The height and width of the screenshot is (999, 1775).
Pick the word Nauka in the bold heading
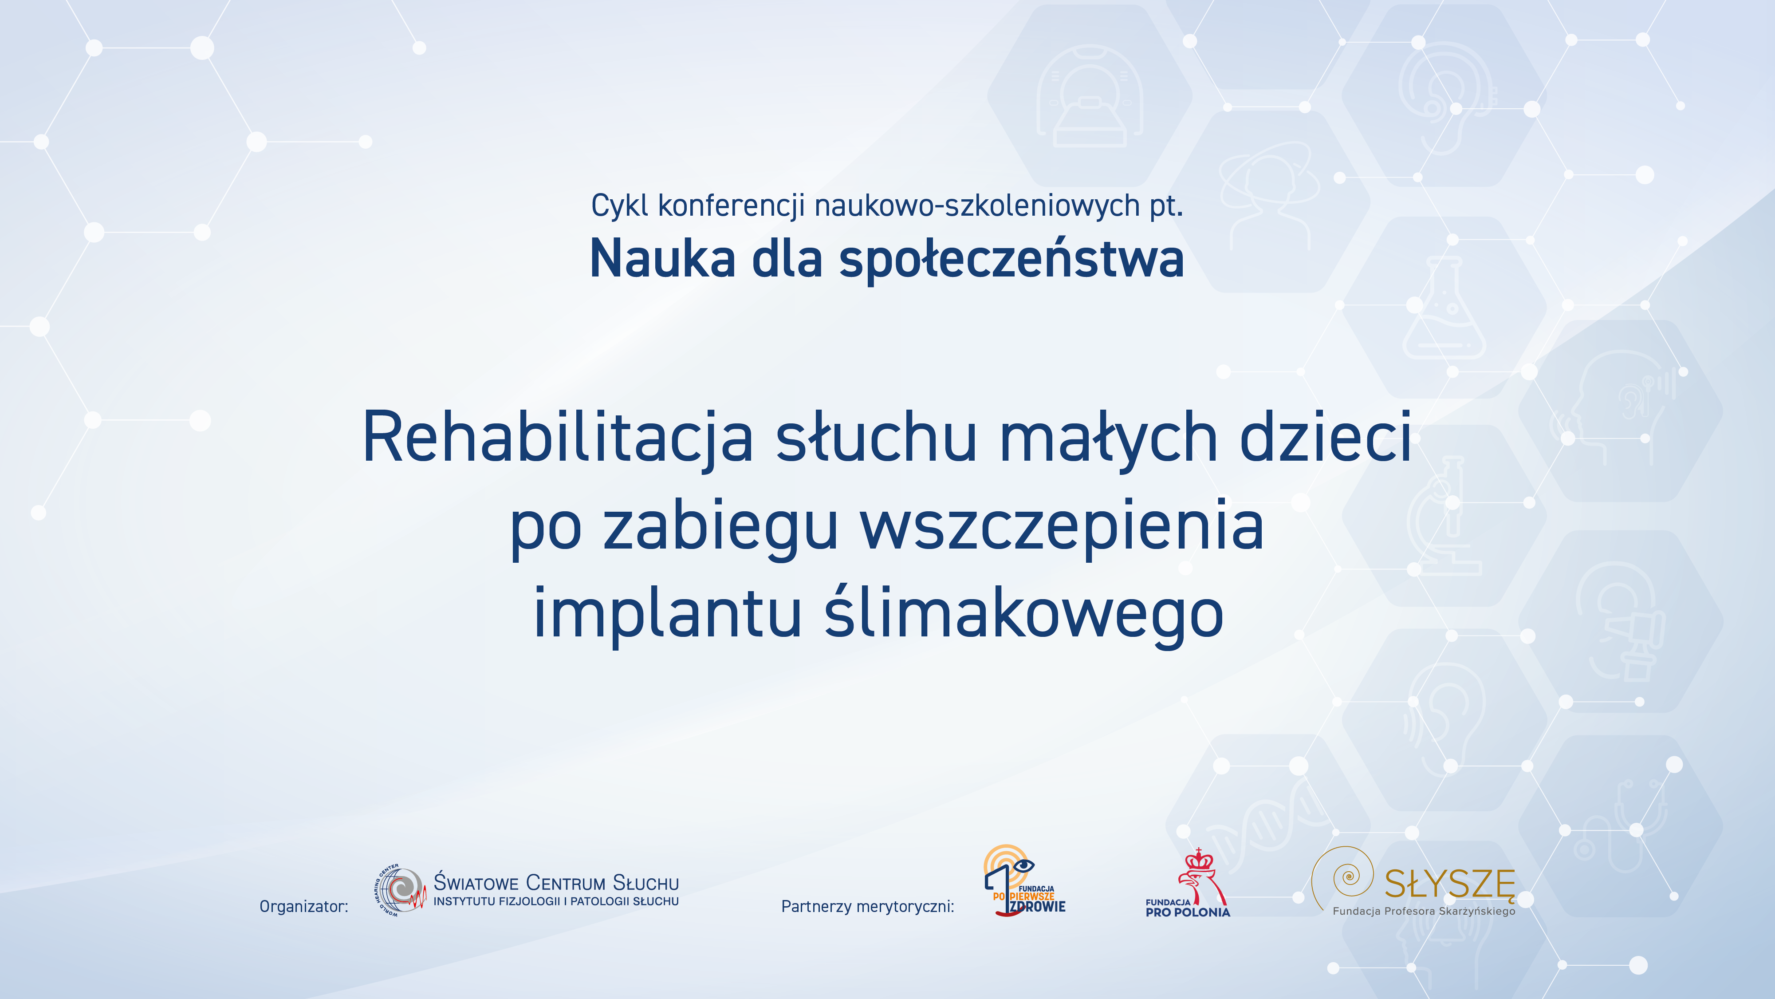662,259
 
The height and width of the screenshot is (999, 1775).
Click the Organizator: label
304,906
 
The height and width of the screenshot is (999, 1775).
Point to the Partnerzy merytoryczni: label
867,906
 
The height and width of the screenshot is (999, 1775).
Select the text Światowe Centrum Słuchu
556,882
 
